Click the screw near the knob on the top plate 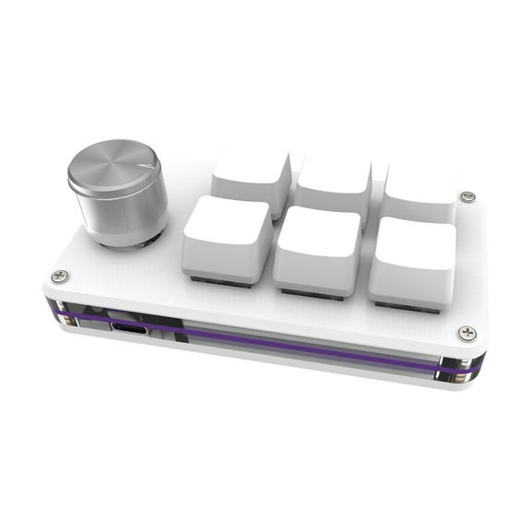[60, 276]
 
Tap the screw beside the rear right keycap [467, 197]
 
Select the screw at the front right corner [466, 333]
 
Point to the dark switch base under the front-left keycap [221, 282]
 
